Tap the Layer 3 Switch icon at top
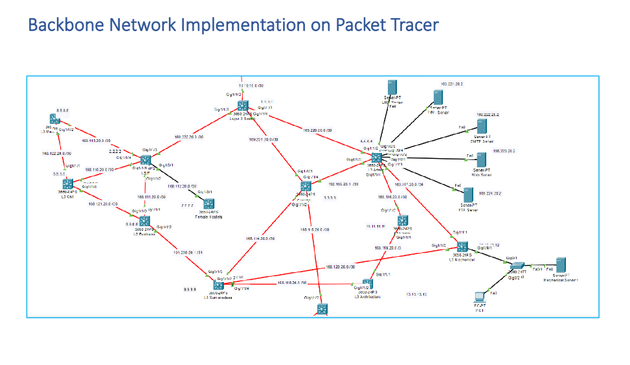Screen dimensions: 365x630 242,106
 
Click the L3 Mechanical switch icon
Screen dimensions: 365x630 462,246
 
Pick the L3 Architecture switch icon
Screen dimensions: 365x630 367,284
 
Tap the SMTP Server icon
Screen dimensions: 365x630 481,126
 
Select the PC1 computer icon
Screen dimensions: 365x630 480,297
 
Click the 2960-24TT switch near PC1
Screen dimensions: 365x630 516,266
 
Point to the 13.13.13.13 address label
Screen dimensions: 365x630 416,294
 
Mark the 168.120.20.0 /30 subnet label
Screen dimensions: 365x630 341,266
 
